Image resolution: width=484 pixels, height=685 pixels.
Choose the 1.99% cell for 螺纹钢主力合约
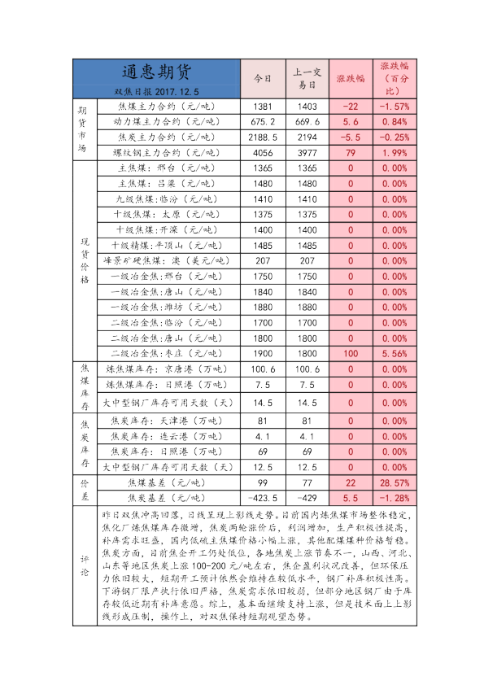(x=394, y=152)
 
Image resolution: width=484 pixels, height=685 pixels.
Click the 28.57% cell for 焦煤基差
(x=394, y=483)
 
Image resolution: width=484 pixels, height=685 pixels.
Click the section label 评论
(x=84, y=565)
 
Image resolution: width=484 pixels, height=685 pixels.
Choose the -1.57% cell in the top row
(x=394, y=107)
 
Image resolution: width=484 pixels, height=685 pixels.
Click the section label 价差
(x=84, y=491)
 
